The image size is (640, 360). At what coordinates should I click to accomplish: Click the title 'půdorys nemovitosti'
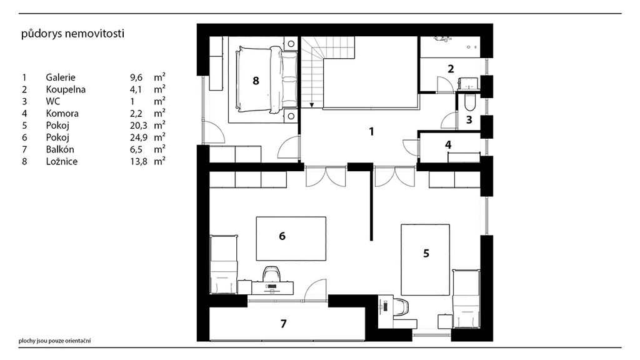[x=72, y=34]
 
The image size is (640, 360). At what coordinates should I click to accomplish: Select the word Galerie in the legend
[x=61, y=77]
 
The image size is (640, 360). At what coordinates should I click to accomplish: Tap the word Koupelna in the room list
[x=66, y=89]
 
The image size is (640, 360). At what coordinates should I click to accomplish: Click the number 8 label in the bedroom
[x=256, y=81]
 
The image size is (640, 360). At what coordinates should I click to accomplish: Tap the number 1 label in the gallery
[x=371, y=132]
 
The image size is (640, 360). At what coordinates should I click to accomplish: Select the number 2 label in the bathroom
[x=451, y=68]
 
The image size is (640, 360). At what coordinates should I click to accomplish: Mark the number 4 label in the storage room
[x=448, y=144]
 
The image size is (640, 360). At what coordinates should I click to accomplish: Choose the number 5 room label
[x=426, y=253]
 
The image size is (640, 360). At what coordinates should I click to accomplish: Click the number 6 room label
[x=282, y=236]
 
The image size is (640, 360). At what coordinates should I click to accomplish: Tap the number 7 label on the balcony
[x=284, y=324]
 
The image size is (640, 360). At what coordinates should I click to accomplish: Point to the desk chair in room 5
[x=401, y=307]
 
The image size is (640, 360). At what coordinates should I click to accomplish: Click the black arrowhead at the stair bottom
[x=311, y=105]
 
